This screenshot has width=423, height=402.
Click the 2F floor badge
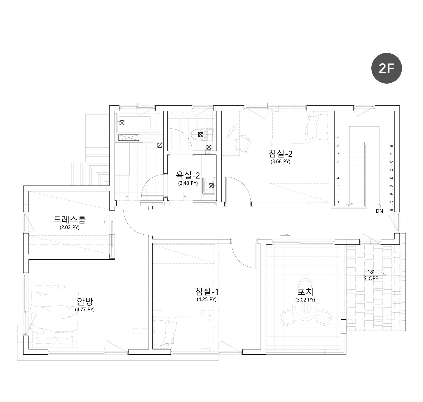[x=386, y=68]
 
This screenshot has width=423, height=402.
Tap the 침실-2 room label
[x=280, y=153]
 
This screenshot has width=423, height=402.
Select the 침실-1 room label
[x=207, y=291]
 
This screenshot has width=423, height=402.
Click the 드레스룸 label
[x=70, y=220]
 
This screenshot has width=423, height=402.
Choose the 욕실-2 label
[x=188, y=175]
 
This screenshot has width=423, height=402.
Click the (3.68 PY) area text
[x=280, y=162]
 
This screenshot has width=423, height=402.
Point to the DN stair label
[x=379, y=211]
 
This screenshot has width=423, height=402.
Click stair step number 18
[x=391, y=210]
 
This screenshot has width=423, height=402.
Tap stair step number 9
[x=338, y=138]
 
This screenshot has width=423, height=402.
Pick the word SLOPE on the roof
[x=371, y=279]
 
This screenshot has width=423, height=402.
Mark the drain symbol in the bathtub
[x=122, y=123]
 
